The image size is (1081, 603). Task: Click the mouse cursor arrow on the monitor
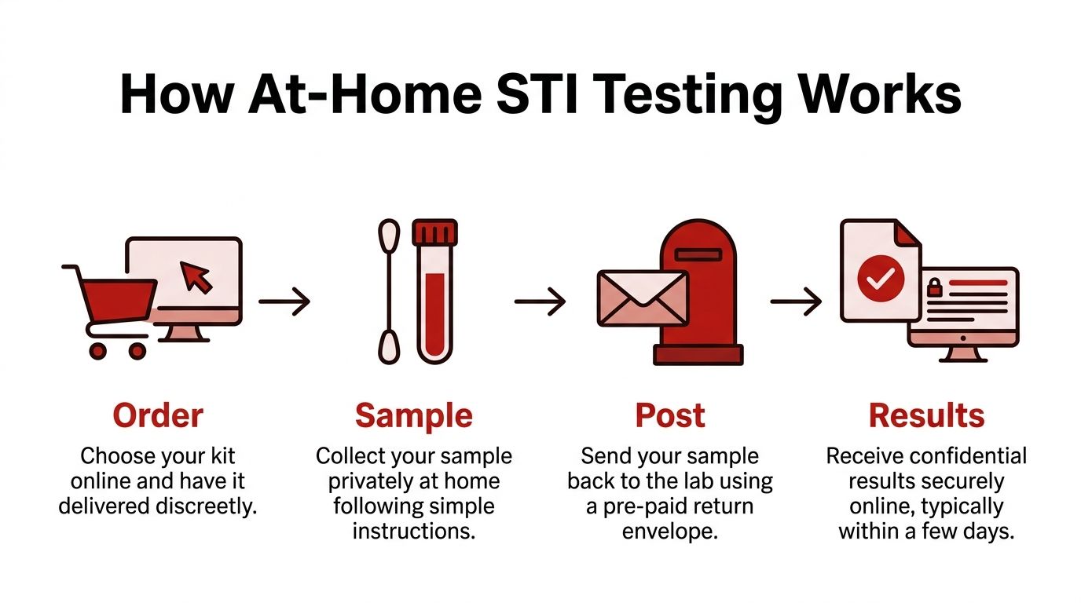click(x=196, y=277)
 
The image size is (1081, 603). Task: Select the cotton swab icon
click(x=389, y=291)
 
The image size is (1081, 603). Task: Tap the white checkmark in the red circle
click(x=880, y=277)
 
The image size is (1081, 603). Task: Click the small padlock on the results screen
click(x=935, y=287)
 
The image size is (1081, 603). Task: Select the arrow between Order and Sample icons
click(x=284, y=301)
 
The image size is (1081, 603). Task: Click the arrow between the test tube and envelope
click(x=540, y=301)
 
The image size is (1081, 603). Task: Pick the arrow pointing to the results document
click(x=795, y=301)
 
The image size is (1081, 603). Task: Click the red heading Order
click(x=157, y=415)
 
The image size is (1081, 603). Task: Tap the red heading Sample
click(x=413, y=415)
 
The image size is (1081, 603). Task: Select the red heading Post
click(x=670, y=415)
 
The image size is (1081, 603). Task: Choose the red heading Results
click(x=926, y=415)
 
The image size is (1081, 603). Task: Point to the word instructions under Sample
click(x=413, y=532)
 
